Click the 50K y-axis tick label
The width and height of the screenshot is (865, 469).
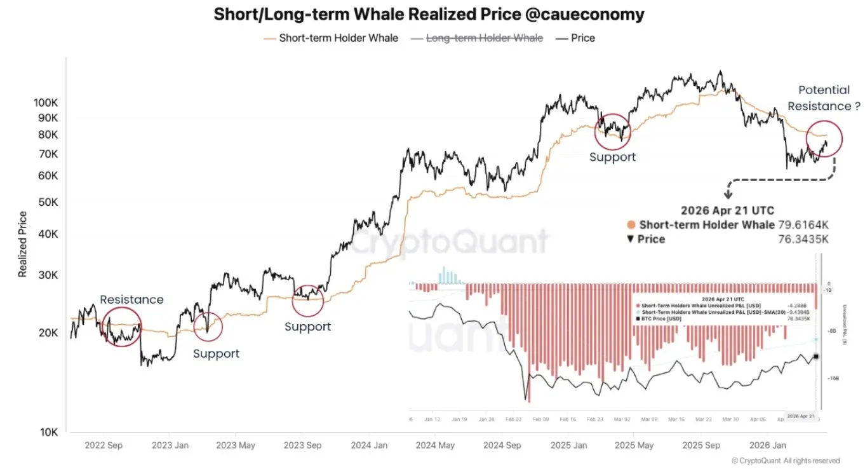point(48,202)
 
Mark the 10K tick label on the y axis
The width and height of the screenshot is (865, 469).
point(48,433)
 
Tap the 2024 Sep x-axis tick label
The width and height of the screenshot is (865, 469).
point(503,445)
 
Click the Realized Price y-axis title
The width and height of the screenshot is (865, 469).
point(23,244)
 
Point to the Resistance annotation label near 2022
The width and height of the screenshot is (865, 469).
point(131,299)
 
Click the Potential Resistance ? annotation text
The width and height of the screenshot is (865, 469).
point(824,99)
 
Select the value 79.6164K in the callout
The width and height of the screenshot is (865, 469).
point(803,225)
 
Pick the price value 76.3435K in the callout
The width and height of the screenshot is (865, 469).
point(803,239)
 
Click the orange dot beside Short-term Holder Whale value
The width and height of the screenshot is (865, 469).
point(631,225)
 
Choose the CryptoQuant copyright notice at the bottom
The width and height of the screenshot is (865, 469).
point(785,461)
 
